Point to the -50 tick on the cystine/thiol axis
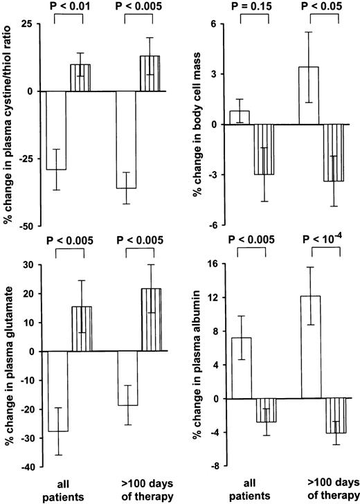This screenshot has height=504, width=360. tap(24, 226)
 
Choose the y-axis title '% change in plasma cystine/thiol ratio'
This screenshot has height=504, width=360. tap(8, 125)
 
